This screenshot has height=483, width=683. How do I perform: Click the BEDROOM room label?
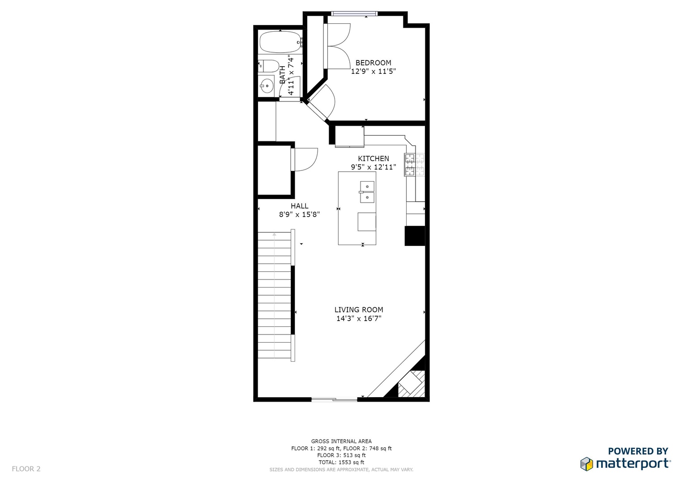click(x=373, y=63)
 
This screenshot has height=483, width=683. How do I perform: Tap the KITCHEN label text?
click(x=373, y=159)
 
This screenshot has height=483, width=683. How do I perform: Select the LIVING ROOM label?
click(x=359, y=310)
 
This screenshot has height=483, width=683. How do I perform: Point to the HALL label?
click(x=299, y=206)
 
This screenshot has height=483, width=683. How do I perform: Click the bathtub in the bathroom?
click(x=280, y=42)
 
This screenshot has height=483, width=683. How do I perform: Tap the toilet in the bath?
click(x=269, y=66)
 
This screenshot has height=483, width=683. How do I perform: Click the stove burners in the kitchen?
click(x=414, y=165)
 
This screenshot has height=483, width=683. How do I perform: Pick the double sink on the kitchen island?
click(x=367, y=192)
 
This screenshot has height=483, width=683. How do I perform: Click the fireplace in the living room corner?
click(x=411, y=383)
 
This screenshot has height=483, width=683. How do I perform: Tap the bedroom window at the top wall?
click(x=354, y=13)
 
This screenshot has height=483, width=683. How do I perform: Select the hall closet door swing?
click(x=304, y=160)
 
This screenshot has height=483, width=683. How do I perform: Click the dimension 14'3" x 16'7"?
click(x=359, y=318)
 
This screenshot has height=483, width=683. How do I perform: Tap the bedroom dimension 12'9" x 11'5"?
click(x=373, y=72)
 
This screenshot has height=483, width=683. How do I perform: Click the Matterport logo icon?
click(x=586, y=464)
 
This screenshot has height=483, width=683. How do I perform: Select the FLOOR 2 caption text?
click(x=26, y=469)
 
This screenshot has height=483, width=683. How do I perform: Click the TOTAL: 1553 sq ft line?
click(x=341, y=462)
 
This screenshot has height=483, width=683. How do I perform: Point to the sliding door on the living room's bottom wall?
click(x=334, y=399)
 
